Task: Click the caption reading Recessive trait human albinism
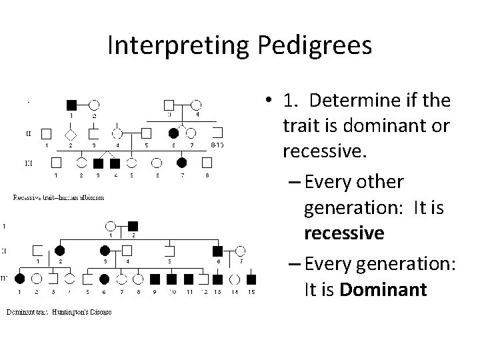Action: point(59,197)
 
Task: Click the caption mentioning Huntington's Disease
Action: point(59,312)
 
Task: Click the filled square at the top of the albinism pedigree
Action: point(71,105)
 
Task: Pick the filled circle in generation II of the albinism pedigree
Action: point(174,133)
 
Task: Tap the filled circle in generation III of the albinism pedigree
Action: point(181,162)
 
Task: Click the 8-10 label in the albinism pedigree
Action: point(217,145)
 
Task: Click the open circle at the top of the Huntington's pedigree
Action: point(111,226)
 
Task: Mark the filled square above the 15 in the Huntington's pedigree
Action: point(251,279)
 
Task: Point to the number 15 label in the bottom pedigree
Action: point(251,293)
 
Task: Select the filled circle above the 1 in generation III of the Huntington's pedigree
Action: point(20,279)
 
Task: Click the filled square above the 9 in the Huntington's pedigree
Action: point(155,279)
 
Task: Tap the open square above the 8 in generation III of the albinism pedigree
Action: point(207,162)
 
